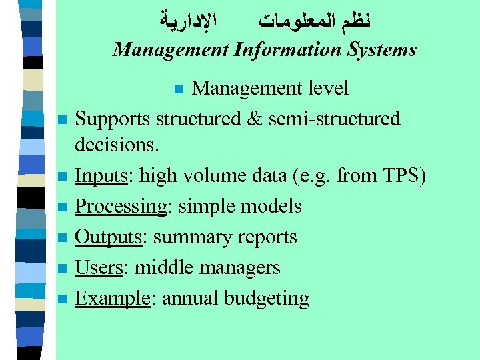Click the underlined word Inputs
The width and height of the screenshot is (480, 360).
pos(101,177)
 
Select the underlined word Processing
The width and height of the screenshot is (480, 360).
pos(120,207)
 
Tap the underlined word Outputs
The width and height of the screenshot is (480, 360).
pos(107,237)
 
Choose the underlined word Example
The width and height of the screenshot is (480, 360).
pos(111,298)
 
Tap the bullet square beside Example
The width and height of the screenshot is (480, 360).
pos(61,299)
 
